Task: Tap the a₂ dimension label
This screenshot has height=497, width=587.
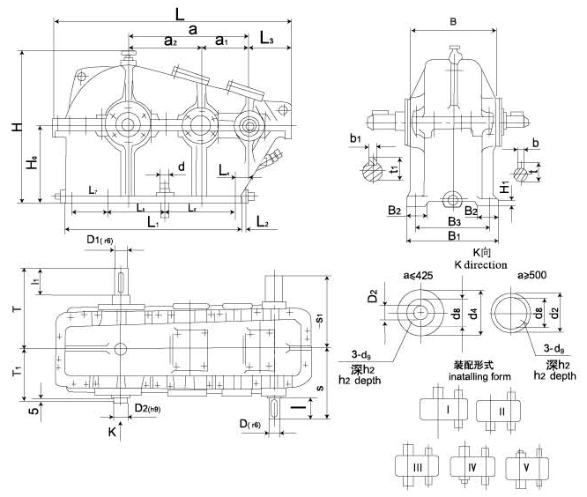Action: [x=171, y=40]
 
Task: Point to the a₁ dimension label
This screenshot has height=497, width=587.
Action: [x=221, y=40]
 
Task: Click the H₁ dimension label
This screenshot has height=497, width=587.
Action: [x=503, y=187]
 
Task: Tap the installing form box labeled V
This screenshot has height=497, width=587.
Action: [x=527, y=464]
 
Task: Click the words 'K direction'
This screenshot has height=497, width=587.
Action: [x=480, y=264]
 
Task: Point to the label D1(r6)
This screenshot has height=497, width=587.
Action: [x=100, y=240]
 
